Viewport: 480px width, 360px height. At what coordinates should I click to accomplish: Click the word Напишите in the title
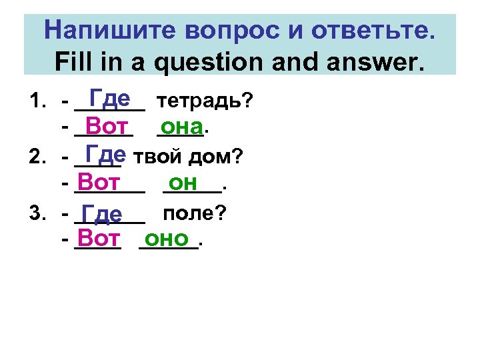click(x=109, y=30)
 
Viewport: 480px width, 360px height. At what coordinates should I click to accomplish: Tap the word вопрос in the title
click(x=231, y=30)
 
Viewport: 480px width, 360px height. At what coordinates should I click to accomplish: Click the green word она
click(x=181, y=126)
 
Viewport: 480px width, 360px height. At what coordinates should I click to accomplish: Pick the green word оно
click(x=167, y=239)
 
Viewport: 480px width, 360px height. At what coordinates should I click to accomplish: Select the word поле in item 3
click(x=193, y=214)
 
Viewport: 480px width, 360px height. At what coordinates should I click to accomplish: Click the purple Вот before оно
click(x=98, y=239)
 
